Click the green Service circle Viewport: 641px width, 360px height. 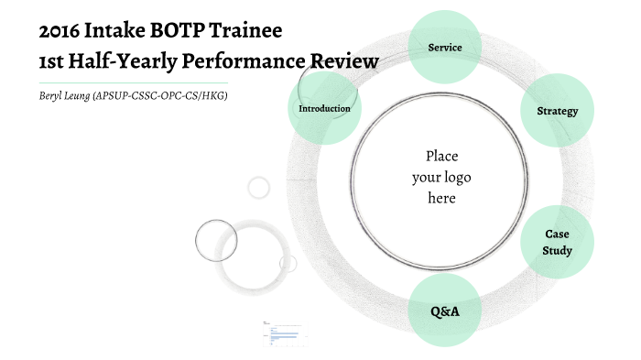(444, 47)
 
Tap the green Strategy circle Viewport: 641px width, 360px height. (557, 111)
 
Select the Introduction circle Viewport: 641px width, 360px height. (324, 108)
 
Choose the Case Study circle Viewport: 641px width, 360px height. (557, 242)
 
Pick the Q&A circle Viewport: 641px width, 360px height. (444, 311)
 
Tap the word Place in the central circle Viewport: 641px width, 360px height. (441, 156)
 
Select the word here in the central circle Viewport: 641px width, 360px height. (441, 197)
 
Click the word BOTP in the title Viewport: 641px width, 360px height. (170, 31)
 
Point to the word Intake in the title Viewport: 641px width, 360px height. (112, 31)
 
